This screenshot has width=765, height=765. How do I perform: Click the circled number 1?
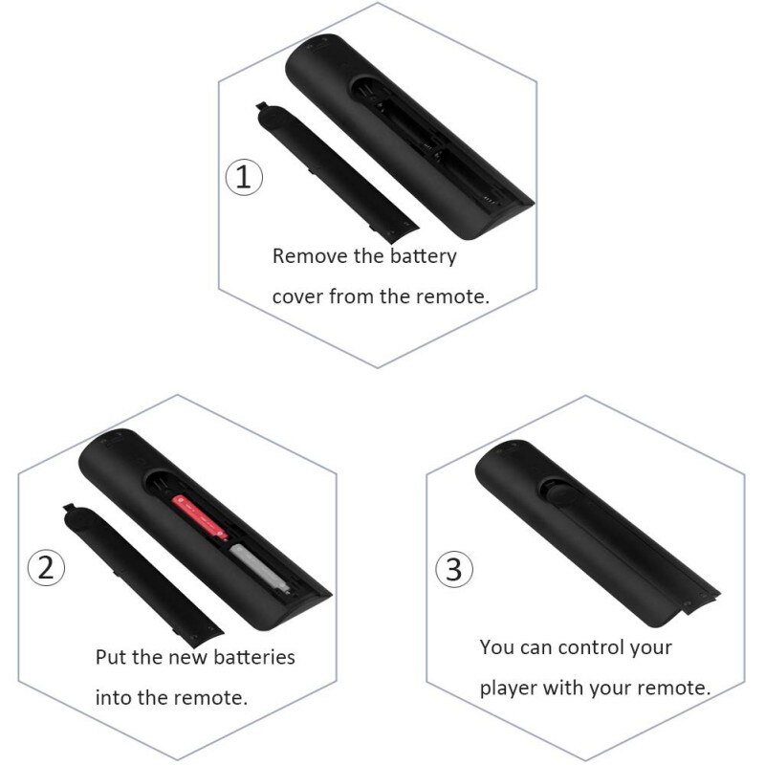tap(245, 178)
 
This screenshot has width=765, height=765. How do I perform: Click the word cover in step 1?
tap(297, 296)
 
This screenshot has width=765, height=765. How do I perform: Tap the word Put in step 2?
tap(112, 658)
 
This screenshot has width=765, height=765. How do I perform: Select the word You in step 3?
tap(497, 647)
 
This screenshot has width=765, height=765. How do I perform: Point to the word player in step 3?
tap(509, 688)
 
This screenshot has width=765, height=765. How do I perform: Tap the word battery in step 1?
tap(420, 256)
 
